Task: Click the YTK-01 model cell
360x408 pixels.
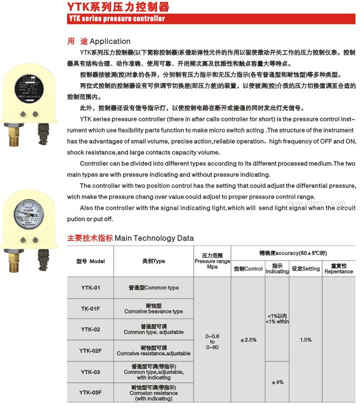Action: [90, 288]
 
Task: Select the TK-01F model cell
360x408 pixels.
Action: [90, 308]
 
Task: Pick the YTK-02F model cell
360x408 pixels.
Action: [90, 350]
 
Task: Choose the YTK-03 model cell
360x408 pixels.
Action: [90, 372]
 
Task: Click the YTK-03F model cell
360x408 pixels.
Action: [90, 393]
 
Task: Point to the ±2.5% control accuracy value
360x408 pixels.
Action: [248, 340]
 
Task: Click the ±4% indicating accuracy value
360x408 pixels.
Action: [277, 382]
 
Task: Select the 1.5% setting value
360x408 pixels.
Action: [306, 340]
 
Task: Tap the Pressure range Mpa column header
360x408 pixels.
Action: [212, 261]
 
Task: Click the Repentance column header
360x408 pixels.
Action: [338, 268]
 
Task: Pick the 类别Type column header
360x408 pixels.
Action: [154, 261]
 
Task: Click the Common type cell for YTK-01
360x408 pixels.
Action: [154, 288]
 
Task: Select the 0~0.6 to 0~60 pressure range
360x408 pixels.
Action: [212, 340]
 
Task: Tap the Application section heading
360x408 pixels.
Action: [99, 41]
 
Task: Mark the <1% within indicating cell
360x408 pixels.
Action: [277, 319]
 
